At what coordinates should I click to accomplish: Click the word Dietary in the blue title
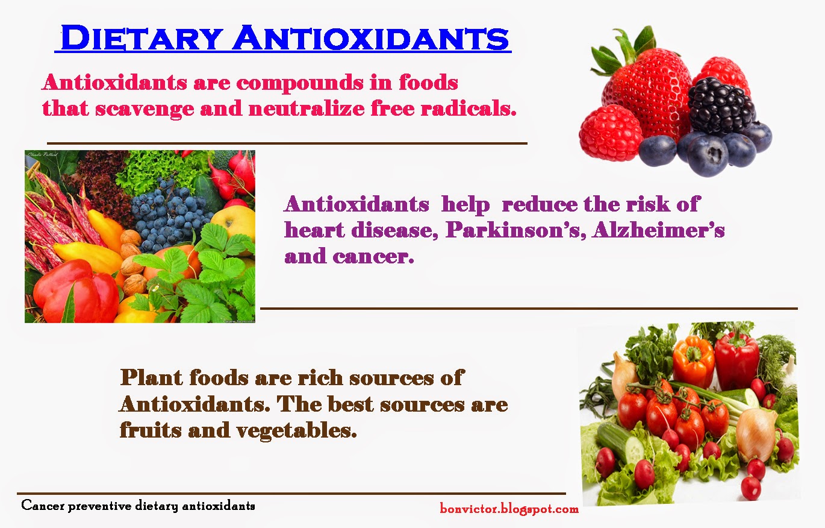click(x=142, y=37)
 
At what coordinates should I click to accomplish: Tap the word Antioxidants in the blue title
click(x=370, y=37)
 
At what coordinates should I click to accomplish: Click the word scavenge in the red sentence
click(x=145, y=109)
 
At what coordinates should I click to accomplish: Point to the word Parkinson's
click(x=515, y=230)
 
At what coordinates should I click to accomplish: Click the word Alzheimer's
click(x=658, y=230)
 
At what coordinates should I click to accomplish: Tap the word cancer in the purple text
click(x=373, y=256)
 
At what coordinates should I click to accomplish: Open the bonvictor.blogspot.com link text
click(x=509, y=509)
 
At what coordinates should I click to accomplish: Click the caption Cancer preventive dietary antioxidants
click(x=138, y=506)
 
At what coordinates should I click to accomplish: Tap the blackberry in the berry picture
click(x=721, y=105)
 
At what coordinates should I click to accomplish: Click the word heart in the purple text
click(x=314, y=230)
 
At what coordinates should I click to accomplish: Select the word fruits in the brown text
click(x=151, y=430)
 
